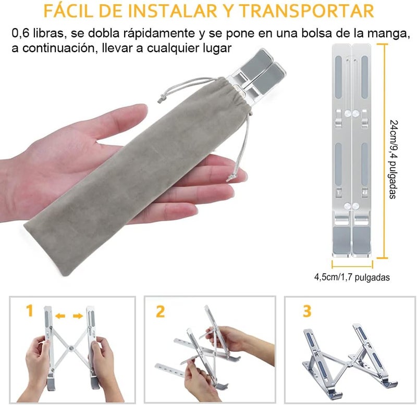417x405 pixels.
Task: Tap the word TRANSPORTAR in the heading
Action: click(x=306, y=10)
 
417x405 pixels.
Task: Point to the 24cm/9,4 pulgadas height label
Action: click(x=394, y=159)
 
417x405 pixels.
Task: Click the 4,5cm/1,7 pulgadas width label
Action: click(x=352, y=277)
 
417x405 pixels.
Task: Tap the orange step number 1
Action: click(x=30, y=311)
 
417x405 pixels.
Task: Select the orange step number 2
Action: click(x=161, y=311)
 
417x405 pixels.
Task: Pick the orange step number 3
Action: click(x=307, y=311)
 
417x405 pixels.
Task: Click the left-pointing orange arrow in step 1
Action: click(x=60, y=316)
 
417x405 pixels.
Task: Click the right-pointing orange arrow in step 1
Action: click(x=78, y=316)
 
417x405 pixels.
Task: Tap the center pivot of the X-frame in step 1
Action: click(x=71, y=348)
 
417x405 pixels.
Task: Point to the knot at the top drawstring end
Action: click(x=161, y=100)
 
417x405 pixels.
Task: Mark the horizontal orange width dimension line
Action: click(x=352, y=265)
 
